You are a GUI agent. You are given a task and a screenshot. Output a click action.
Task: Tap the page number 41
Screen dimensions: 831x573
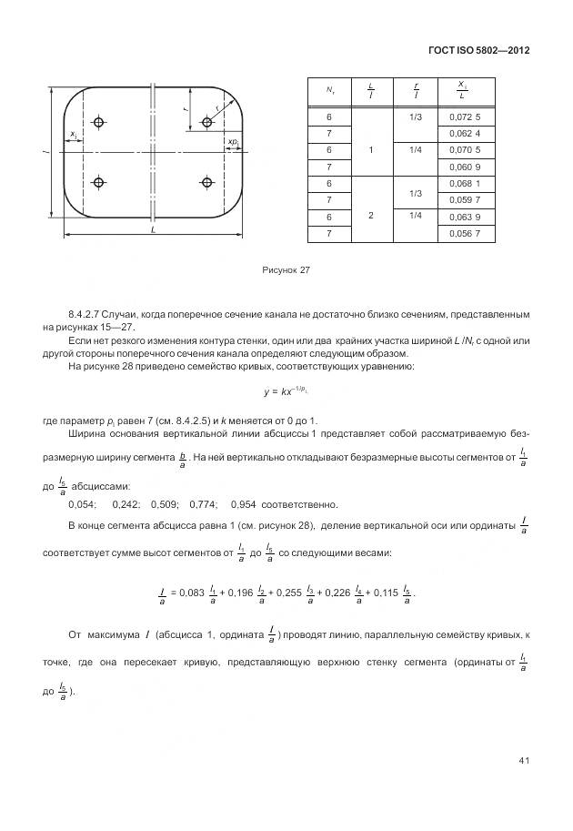pyautogui.click(x=524, y=760)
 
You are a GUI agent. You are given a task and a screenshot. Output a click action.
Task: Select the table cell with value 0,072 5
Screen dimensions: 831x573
pyautogui.click(x=465, y=117)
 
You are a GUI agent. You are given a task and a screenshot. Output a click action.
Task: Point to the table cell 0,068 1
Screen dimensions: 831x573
pyautogui.click(x=465, y=184)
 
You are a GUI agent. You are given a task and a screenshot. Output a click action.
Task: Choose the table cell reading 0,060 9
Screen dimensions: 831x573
pyautogui.click(x=465, y=167)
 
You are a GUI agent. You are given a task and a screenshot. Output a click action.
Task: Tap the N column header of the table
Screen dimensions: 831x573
pyautogui.click(x=329, y=90)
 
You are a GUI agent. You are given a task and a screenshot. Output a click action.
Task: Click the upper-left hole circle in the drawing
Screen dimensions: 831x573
pyautogui.click(x=100, y=121)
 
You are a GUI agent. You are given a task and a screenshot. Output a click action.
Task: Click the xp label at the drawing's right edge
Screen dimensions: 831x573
pyautogui.click(x=233, y=142)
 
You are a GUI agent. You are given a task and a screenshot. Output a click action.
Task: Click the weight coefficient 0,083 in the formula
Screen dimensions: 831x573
pyautogui.click(x=191, y=593)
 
